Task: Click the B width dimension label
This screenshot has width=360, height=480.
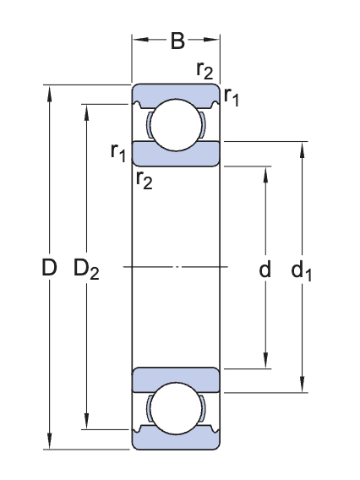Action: click(177, 41)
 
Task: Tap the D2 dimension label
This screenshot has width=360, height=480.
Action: click(86, 270)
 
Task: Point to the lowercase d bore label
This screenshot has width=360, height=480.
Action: click(265, 270)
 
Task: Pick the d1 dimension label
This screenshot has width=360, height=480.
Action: click(301, 270)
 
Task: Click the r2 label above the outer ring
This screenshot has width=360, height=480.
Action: click(204, 70)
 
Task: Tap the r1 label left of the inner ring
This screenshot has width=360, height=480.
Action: click(118, 151)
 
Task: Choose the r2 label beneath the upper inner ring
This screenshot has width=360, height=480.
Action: click(144, 179)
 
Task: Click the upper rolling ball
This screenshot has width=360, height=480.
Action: click(177, 124)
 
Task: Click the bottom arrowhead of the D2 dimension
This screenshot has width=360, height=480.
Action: click(86, 423)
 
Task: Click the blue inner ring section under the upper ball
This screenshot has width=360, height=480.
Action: click(177, 155)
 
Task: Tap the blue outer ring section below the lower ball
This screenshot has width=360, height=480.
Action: click(177, 442)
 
